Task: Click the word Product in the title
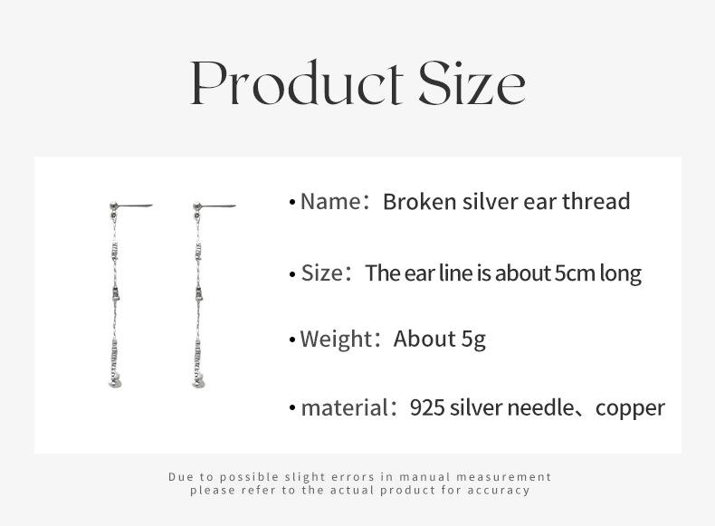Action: click(296, 83)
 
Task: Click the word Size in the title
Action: click(472, 83)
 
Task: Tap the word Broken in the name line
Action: click(420, 201)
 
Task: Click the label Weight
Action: click(336, 339)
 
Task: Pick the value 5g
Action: click(473, 340)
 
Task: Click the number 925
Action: click(427, 407)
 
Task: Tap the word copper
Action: click(630, 408)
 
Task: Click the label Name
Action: click(330, 201)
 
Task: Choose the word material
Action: click(344, 407)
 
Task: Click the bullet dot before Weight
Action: click(292, 340)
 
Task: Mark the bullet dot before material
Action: click(292, 408)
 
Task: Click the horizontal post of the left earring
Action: click(135, 206)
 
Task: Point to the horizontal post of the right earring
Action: click(218, 206)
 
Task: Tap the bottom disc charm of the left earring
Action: click(115, 383)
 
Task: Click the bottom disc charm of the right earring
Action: click(198, 383)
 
